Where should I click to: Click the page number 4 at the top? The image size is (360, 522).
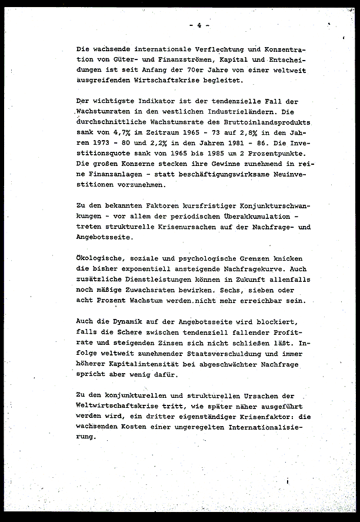(x=199, y=25)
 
